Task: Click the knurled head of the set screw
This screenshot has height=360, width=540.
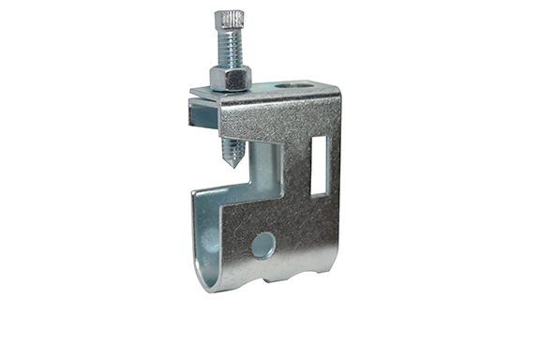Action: coord(229,20)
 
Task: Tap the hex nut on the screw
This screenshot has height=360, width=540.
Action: coord(231,77)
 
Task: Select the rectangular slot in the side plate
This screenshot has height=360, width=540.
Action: coord(319,166)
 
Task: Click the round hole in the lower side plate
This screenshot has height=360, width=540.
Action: coord(263,246)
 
